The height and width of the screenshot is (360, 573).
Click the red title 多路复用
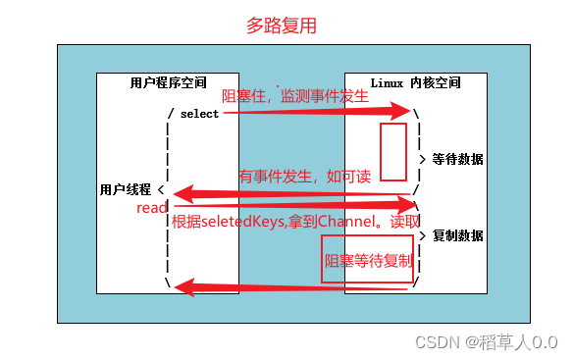281,26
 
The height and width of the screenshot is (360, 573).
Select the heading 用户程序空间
169,82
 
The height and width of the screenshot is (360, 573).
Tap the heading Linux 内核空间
415,82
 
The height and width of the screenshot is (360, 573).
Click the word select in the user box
200,114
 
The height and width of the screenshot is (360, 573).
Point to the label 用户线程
125,188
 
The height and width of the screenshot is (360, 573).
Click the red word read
152,208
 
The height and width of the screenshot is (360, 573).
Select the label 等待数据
457,159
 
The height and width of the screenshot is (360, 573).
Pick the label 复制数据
457,235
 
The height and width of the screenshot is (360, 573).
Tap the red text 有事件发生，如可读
305,177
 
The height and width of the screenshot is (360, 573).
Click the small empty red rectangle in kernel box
392,151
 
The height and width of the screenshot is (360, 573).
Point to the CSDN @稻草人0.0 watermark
486,341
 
